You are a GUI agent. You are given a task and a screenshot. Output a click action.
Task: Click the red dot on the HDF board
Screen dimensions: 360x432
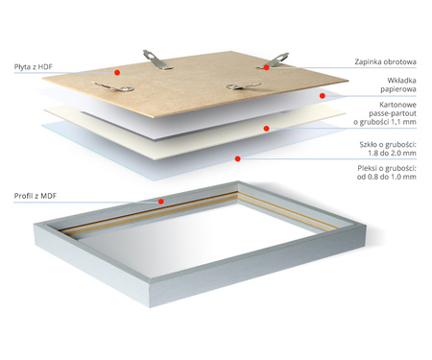pyautogui.click(x=115, y=72)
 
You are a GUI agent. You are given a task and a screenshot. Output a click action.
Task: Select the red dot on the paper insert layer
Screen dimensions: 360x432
pyautogui.click(x=323, y=95)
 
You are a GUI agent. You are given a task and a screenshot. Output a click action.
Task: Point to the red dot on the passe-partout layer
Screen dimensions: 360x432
pyautogui.click(x=266, y=128)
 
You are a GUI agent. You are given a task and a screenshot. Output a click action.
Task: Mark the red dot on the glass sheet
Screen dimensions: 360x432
pyautogui.click(x=236, y=157)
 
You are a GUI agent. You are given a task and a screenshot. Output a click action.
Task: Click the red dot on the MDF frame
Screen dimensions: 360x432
pyautogui.click(x=161, y=203)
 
